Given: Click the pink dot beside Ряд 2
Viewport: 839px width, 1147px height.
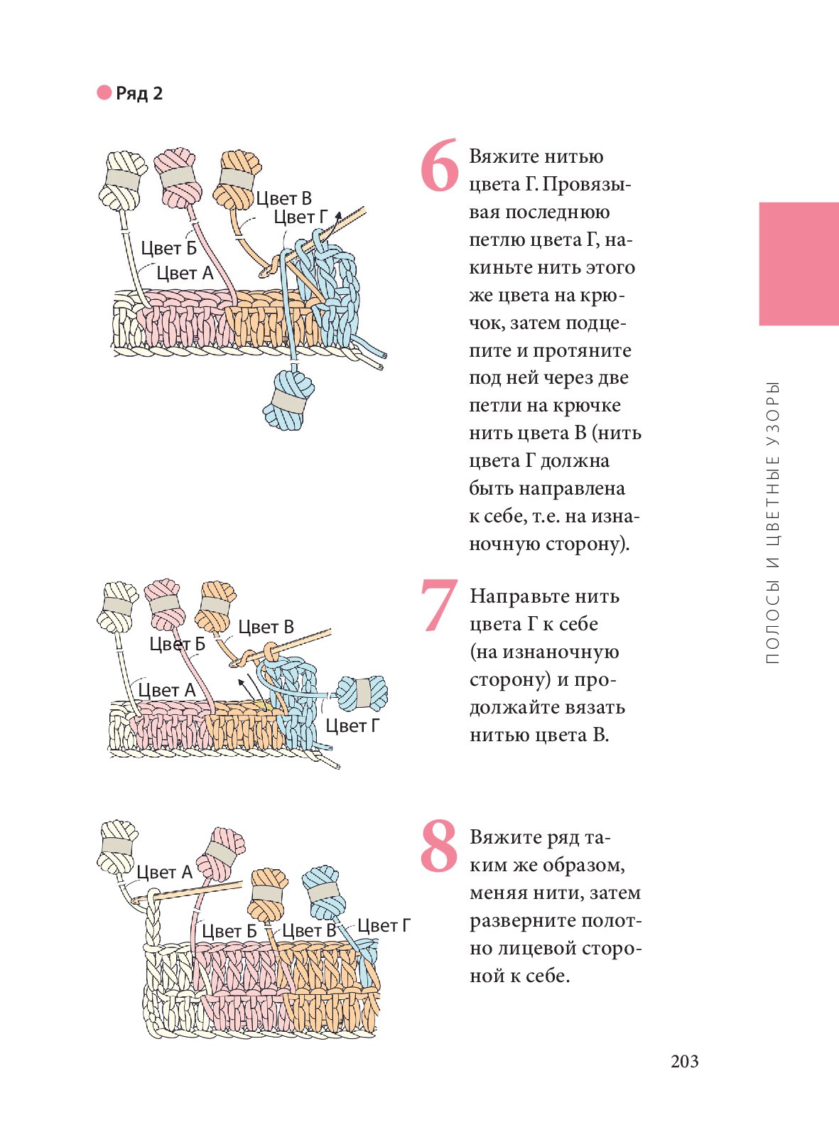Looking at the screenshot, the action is (x=104, y=92).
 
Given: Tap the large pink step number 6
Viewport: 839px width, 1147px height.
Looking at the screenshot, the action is (x=439, y=165).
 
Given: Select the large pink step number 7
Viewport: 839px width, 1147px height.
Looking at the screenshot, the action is (x=439, y=605).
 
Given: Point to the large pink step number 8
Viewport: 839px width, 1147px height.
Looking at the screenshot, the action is (x=439, y=845).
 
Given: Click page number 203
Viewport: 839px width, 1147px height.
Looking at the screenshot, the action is (x=684, y=1062).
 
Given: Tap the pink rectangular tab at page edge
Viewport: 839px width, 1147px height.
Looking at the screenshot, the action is (x=799, y=264).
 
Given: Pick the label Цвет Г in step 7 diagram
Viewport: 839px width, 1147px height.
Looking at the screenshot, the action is (x=352, y=726).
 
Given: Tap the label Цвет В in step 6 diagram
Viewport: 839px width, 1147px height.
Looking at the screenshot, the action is (x=283, y=199).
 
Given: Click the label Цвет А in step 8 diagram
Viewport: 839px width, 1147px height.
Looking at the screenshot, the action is (x=164, y=872).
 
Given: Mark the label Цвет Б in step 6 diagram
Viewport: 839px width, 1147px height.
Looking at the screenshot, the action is (x=169, y=248).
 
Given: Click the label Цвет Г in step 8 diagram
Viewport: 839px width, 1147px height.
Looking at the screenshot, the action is (x=384, y=925).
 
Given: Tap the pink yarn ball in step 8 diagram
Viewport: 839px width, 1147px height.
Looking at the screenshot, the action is (x=221, y=853).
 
